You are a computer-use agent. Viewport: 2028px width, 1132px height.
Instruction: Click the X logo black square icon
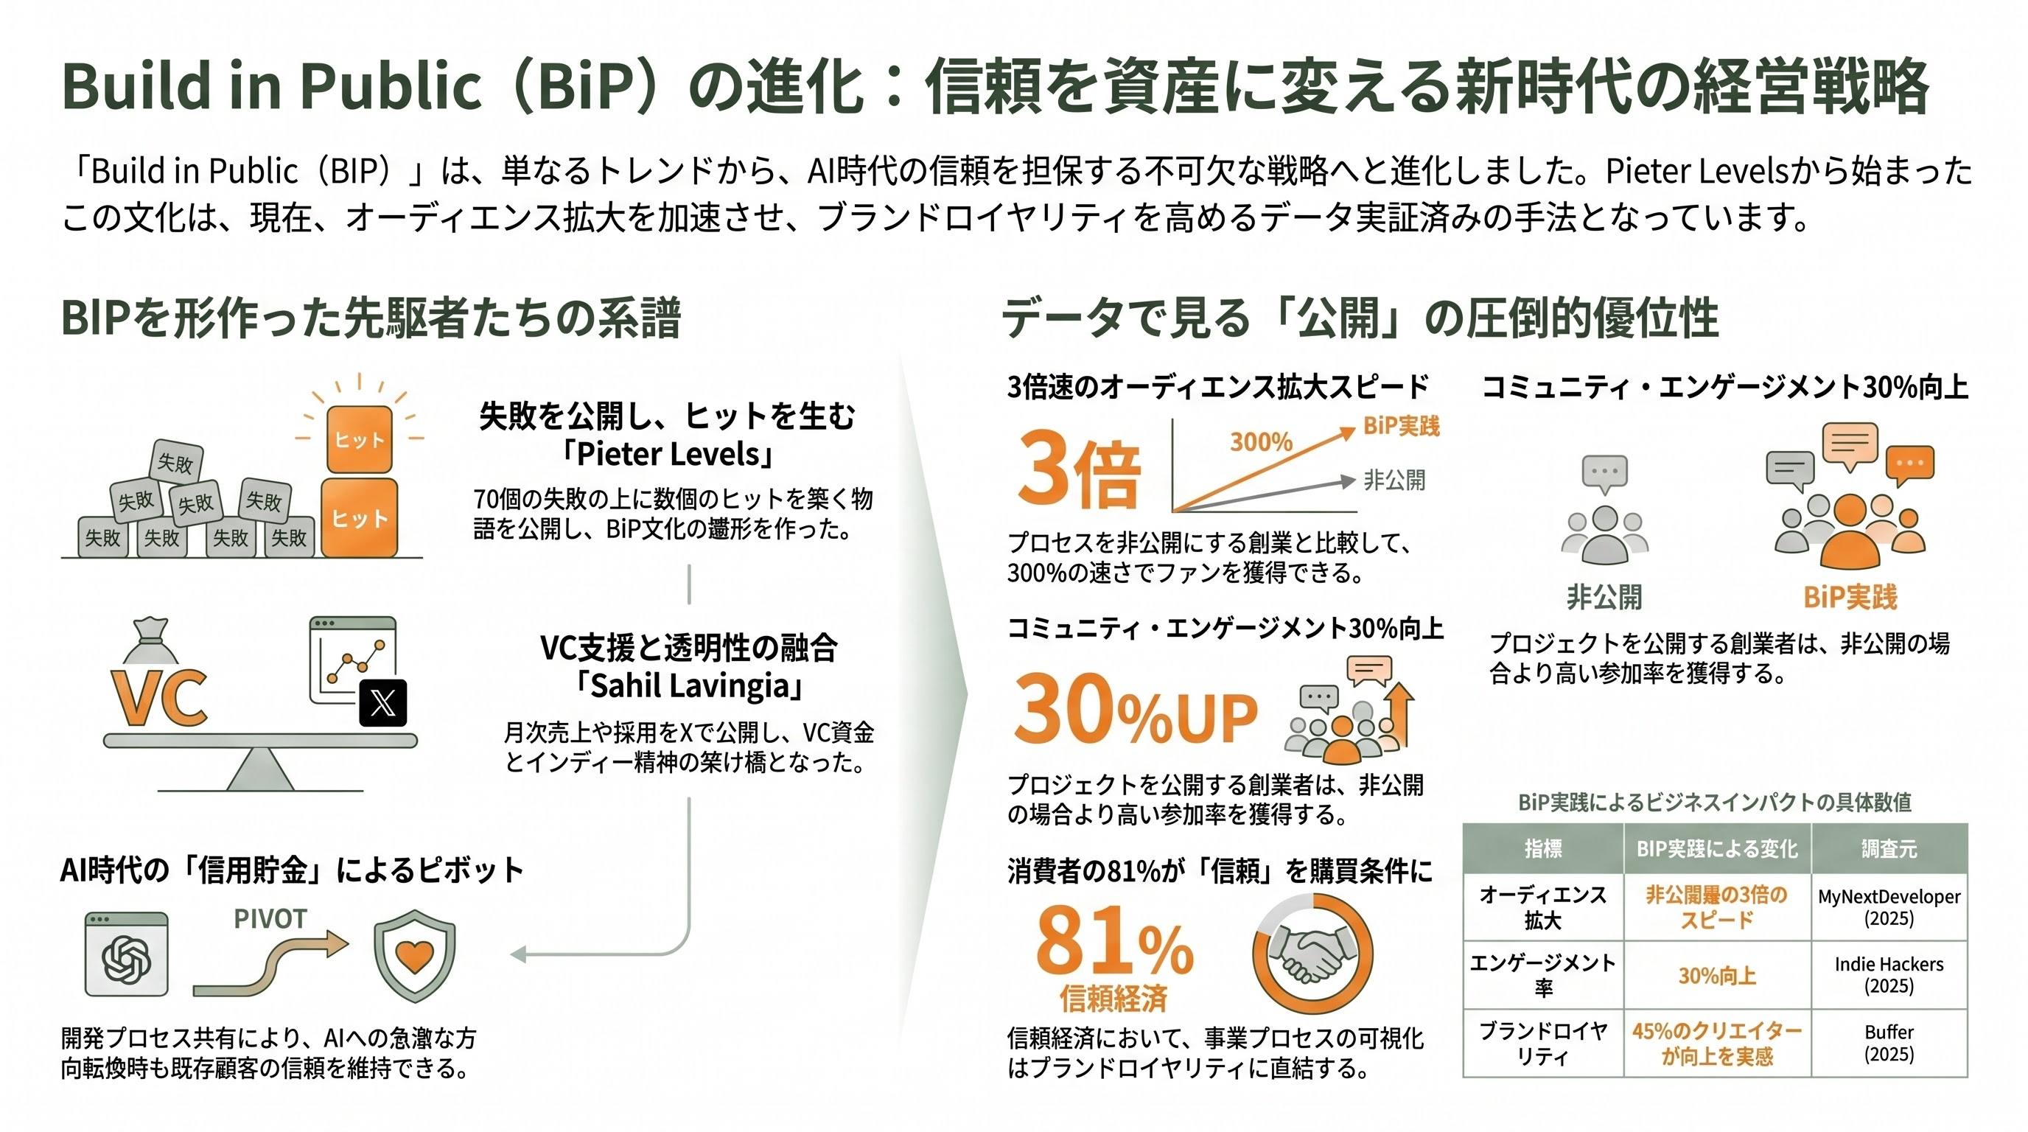[382, 702]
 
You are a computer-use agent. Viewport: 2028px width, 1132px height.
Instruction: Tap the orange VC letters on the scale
[160, 698]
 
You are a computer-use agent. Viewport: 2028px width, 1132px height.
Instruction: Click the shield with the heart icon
[414, 956]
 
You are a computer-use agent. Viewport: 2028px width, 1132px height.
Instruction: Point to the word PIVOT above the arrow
[270, 919]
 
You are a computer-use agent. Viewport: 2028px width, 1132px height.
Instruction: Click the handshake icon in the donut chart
[1312, 955]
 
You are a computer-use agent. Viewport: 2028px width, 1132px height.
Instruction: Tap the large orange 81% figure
[1114, 940]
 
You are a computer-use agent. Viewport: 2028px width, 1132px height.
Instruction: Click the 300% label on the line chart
[1261, 441]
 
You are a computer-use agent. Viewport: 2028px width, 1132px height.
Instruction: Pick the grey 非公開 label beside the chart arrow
[1394, 480]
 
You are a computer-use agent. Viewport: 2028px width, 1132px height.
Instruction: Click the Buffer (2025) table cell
[1889, 1043]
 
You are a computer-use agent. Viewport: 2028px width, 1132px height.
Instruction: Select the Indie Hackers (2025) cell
[1889, 974]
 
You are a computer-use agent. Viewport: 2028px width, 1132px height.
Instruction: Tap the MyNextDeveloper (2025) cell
[1889, 907]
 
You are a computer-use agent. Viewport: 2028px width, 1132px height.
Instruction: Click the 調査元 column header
[1889, 848]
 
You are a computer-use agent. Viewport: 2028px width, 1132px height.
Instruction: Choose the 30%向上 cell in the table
[1717, 975]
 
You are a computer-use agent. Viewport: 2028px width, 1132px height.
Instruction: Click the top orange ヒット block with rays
[359, 439]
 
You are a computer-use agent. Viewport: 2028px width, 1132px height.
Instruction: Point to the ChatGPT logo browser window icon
[127, 955]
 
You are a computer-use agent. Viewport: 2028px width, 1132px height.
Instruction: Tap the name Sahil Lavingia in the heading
[690, 685]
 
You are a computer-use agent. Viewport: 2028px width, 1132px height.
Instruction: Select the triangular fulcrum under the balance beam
[260, 769]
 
